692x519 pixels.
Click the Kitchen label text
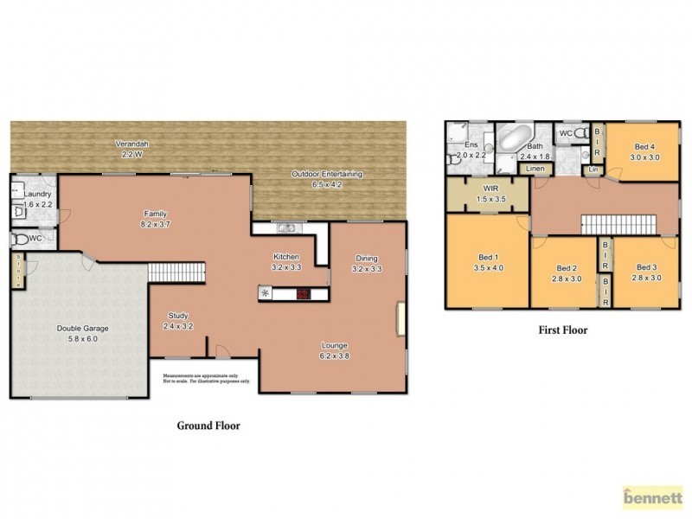pos(285,257)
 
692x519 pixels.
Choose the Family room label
pos(155,214)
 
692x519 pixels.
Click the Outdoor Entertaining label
pos(326,174)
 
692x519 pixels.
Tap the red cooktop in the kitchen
pos(304,294)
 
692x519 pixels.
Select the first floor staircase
pos(618,224)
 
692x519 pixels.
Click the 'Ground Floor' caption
pos(208,426)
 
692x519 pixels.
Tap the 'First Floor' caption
pos(563,330)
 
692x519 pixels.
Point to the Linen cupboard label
pos(536,169)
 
